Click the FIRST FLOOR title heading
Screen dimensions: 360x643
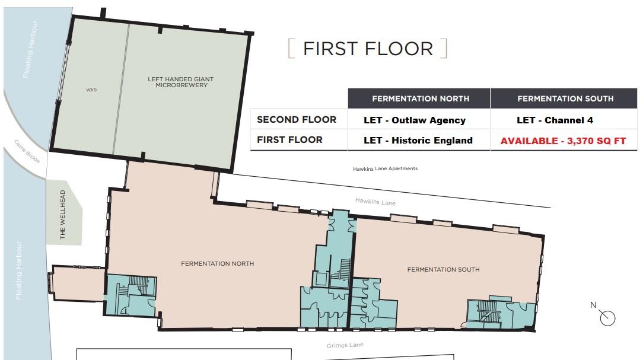click(x=368, y=49)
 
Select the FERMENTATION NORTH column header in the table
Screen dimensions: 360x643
click(x=420, y=98)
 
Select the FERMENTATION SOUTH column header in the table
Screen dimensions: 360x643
click(x=565, y=98)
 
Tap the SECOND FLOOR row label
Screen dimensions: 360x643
click(x=296, y=120)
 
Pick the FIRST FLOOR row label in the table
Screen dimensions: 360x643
click(x=289, y=140)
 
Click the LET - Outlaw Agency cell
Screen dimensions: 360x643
click(x=415, y=120)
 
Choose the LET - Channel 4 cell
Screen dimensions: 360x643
click(x=554, y=120)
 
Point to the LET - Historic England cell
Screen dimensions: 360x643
click(x=418, y=141)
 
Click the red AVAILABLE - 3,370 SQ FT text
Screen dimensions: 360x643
click(x=563, y=141)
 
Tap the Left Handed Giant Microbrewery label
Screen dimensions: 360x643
click(x=180, y=82)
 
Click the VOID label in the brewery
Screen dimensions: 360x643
click(x=91, y=90)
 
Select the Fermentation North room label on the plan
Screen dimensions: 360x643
click(x=217, y=264)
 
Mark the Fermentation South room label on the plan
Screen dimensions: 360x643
click(x=443, y=270)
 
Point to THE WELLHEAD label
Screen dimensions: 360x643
click(x=63, y=223)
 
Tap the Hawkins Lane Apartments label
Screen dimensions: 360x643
click(x=385, y=169)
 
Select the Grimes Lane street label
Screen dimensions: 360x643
click(x=345, y=345)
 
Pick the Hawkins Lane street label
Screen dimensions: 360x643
click(x=375, y=202)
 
